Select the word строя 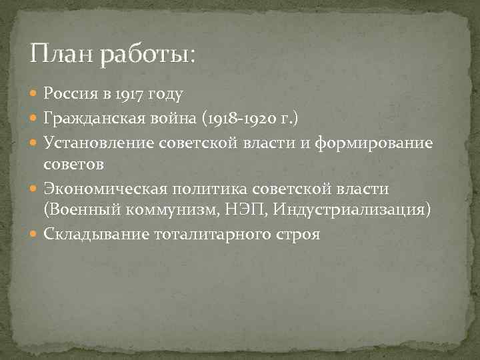coord(297,234)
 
